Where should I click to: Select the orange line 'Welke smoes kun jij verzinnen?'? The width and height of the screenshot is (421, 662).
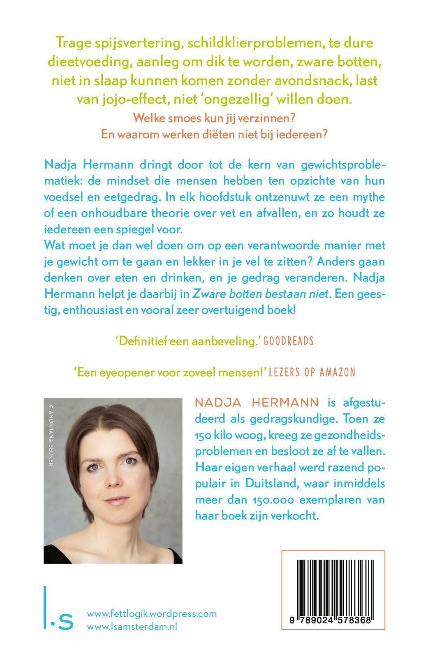[x=214, y=118]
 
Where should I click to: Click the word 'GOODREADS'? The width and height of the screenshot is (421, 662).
[x=288, y=341]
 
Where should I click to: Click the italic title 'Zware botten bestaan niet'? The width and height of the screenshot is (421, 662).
[x=261, y=294]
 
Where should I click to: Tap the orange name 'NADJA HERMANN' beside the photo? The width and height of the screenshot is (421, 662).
[x=257, y=403]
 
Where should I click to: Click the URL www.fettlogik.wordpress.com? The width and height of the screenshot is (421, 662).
[x=152, y=614]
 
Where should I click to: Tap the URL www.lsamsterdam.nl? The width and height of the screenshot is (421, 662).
[x=132, y=627]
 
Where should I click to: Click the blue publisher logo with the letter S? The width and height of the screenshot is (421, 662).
[x=60, y=616]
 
